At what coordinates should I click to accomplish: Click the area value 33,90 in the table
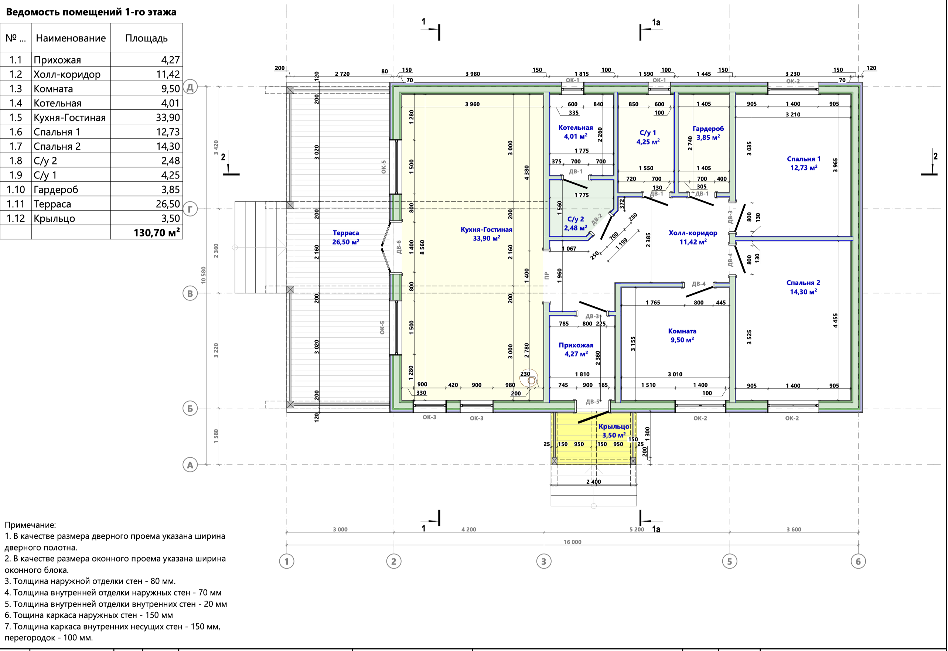pos(168,117)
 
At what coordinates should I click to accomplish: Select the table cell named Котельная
pos(58,103)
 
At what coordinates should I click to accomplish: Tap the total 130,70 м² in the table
pos(157,232)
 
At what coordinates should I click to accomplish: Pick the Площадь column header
pos(146,38)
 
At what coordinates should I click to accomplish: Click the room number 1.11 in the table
pos(16,204)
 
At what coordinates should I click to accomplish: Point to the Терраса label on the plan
pos(345,233)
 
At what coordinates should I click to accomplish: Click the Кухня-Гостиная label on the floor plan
pos(486,229)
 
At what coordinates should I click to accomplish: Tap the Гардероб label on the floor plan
pos(708,129)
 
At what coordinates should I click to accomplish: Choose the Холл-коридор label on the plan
pos(693,233)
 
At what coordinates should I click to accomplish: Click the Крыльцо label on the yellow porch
pos(614,426)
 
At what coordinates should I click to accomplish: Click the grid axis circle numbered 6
pos(858,561)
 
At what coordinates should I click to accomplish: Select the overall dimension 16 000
pos(572,542)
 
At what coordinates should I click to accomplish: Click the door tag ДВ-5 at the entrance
pos(592,401)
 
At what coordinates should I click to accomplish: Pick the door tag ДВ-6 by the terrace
pos(399,247)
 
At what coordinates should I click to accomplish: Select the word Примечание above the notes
pos(30,525)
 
